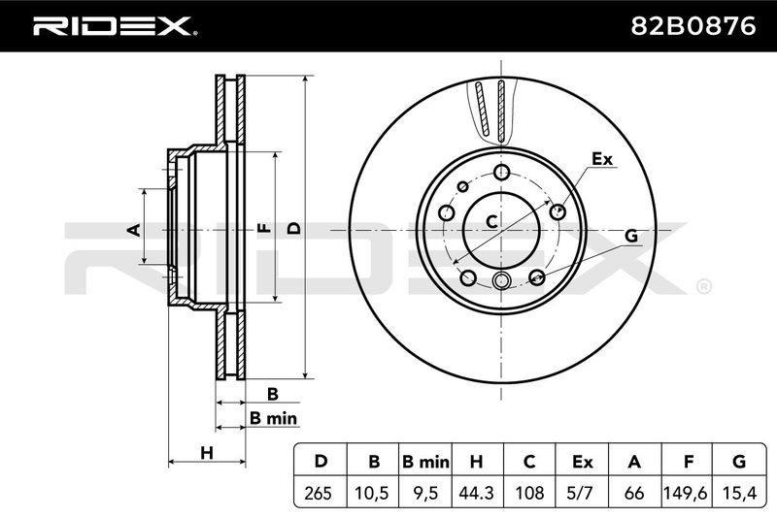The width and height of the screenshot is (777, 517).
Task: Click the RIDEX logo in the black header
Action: click(x=114, y=26)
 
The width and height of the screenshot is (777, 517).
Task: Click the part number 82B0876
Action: click(x=693, y=26)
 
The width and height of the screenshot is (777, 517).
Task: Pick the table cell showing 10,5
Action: click(x=373, y=493)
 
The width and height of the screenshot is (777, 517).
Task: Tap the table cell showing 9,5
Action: click(x=425, y=493)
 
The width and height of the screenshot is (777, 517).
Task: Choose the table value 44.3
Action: click(x=477, y=493)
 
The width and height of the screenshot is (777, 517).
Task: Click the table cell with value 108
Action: click(x=529, y=493)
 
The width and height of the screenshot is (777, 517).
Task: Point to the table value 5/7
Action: click(x=582, y=493)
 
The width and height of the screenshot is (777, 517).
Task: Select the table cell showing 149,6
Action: click(x=686, y=493)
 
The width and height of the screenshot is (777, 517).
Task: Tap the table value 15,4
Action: click(x=738, y=493)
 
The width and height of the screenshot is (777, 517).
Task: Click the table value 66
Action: click(x=634, y=493)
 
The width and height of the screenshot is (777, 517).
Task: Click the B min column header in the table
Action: click(x=425, y=462)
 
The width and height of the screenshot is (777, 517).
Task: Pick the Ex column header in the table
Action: click(x=582, y=462)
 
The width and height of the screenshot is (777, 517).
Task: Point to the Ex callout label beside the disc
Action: click(x=602, y=159)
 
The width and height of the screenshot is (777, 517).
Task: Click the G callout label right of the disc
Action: click(x=630, y=236)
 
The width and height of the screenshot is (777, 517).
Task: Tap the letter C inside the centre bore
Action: click(x=491, y=221)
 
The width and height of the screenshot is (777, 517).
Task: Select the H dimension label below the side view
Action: click(x=207, y=452)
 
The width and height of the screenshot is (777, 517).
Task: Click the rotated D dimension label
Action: click(x=294, y=228)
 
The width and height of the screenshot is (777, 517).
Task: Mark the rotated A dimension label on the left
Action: click(x=134, y=229)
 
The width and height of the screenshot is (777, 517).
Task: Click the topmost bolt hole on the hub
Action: click(x=502, y=173)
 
